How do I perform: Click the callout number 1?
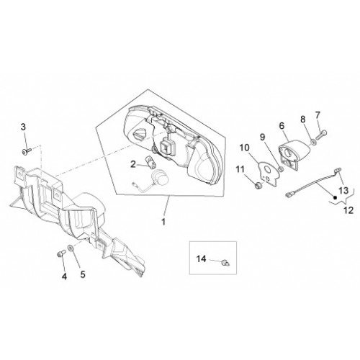(163, 222)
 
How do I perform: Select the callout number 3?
(23, 127)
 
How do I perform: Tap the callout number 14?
(201, 259)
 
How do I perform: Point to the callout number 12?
(348, 210)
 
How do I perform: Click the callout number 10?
(244, 148)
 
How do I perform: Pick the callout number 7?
(318, 115)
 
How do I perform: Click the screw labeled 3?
(27, 151)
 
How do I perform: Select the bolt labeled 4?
(61, 253)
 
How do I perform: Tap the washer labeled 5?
(71, 248)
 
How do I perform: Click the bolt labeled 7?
(321, 135)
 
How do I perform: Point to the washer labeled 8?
(314, 142)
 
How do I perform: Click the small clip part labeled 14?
(225, 263)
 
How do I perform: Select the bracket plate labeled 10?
(269, 174)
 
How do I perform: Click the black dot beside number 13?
(336, 197)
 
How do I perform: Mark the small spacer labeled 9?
(281, 169)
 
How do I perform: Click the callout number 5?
(83, 274)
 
